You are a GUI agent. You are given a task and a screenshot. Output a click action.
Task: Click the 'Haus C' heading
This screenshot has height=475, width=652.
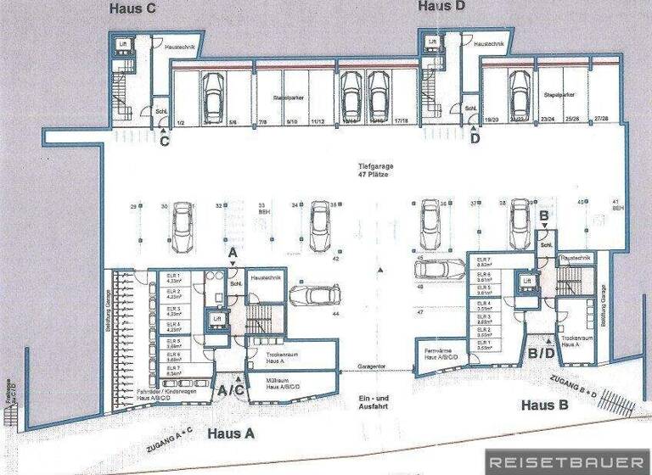point(132,9)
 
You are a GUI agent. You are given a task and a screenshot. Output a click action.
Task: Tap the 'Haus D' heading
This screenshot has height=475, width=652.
point(441,6)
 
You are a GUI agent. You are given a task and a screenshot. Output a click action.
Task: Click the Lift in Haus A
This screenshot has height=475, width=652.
point(216,318)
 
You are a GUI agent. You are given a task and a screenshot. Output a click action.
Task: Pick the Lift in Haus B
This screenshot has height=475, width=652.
point(527,280)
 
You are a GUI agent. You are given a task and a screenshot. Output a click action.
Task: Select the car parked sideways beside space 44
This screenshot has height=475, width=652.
point(312,298)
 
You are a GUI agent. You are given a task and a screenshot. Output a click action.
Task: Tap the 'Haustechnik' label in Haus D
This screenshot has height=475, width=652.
point(491,42)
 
